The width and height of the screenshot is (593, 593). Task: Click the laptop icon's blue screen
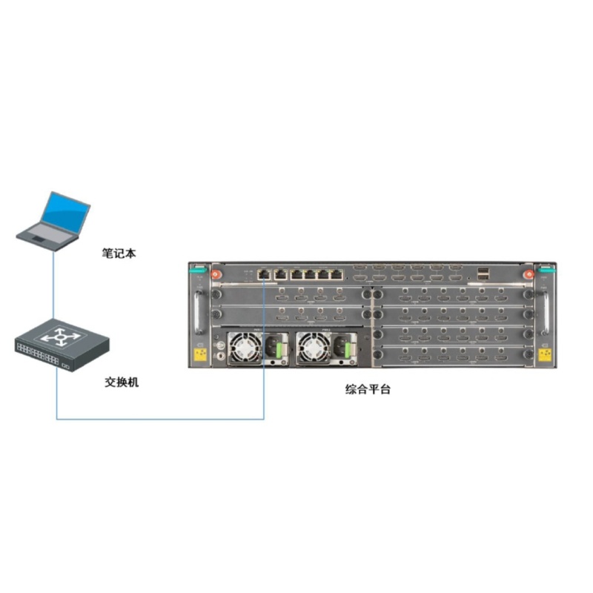point(65,213)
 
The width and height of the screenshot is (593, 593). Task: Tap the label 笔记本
point(119,253)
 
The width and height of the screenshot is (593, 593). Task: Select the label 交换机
point(122,382)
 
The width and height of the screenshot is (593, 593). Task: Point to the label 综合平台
point(368,389)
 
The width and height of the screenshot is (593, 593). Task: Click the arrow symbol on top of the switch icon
point(61,337)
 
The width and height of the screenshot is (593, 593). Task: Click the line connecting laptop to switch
point(53,285)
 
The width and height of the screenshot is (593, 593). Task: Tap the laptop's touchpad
point(39,239)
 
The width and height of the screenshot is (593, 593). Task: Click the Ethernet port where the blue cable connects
point(264,274)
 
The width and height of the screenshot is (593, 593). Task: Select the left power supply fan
point(246,348)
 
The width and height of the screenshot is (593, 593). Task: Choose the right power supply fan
point(314,348)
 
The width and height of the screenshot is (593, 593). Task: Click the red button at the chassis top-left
point(216,274)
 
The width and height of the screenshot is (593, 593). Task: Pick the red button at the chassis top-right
point(529,274)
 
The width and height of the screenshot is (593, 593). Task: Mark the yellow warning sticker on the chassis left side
point(200,355)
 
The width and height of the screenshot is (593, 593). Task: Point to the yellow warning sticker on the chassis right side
point(545,355)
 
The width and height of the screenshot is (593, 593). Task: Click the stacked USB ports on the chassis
point(483,274)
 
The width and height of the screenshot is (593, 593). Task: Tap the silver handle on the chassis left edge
point(198,313)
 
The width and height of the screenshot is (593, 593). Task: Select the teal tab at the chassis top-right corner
point(547,269)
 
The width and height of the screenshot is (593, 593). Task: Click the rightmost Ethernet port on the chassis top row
point(337,274)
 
